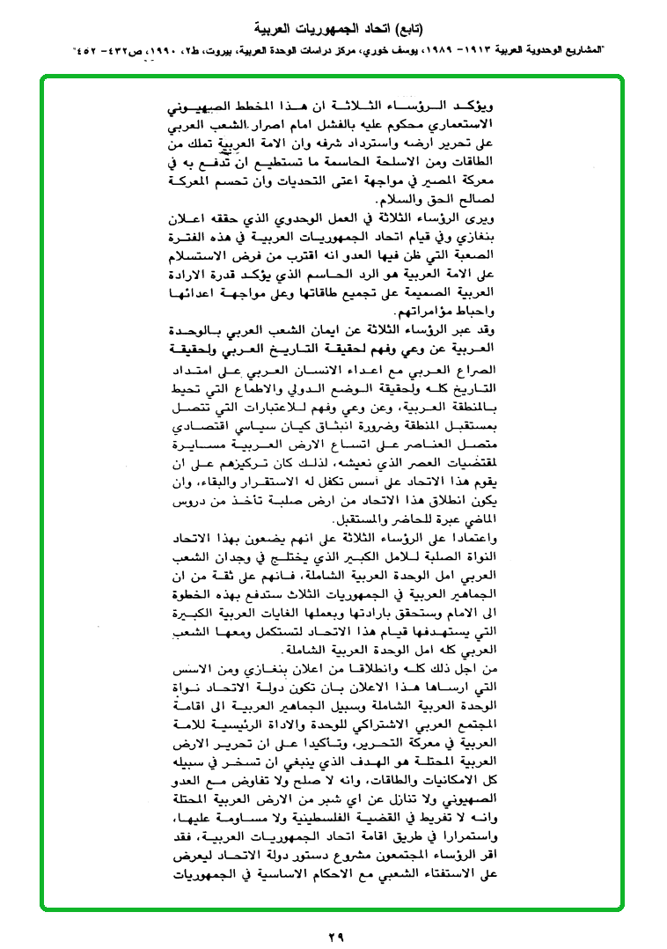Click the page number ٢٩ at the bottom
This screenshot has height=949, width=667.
pos(333,930)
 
